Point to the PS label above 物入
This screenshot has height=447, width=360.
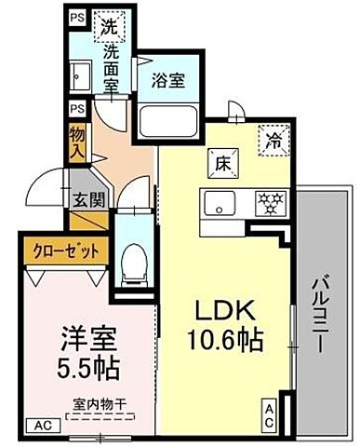pyautogui.click(x=76, y=108)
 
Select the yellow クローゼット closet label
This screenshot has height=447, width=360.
pyautogui.click(x=60, y=251)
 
